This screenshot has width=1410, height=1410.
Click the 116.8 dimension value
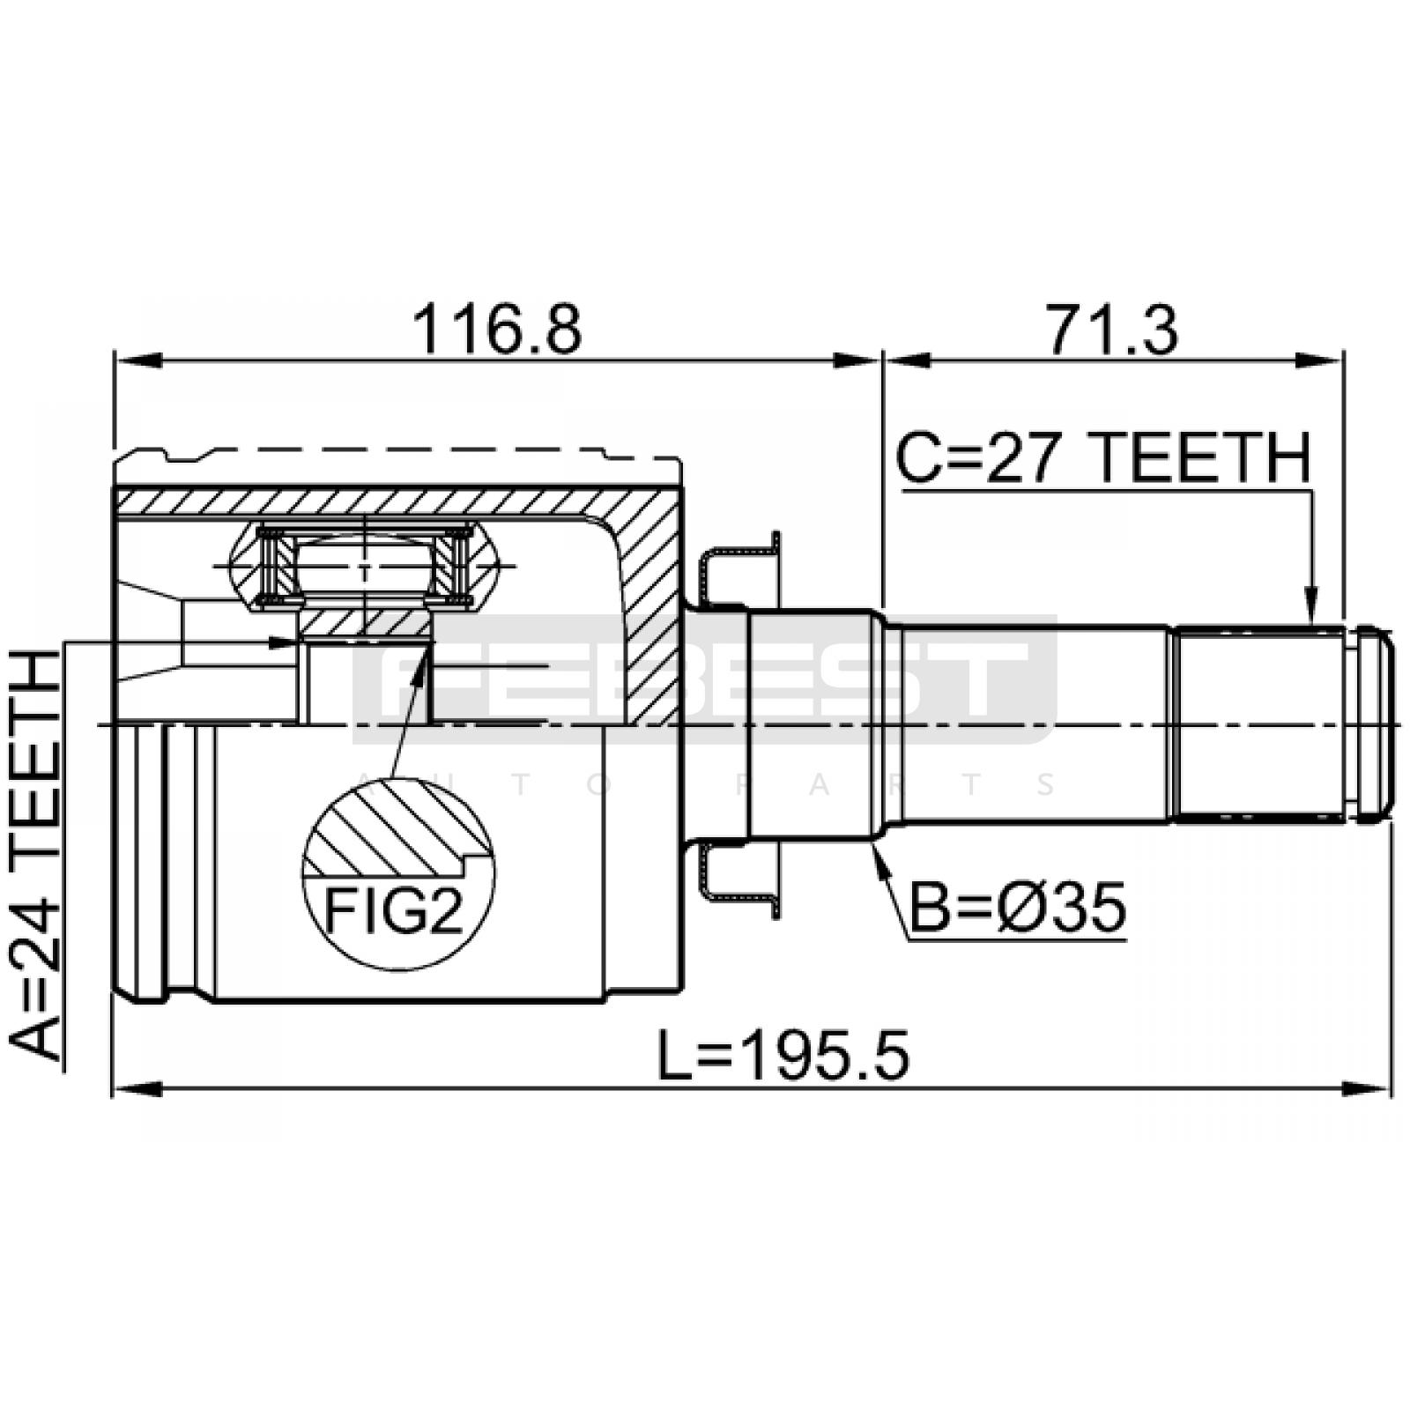(x=497, y=330)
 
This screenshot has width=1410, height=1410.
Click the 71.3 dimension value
(x=1111, y=330)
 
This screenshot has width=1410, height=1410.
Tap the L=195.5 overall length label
(x=783, y=1057)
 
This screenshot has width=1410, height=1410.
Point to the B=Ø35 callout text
(x=1017, y=909)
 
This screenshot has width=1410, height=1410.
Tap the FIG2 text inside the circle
(x=394, y=910)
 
